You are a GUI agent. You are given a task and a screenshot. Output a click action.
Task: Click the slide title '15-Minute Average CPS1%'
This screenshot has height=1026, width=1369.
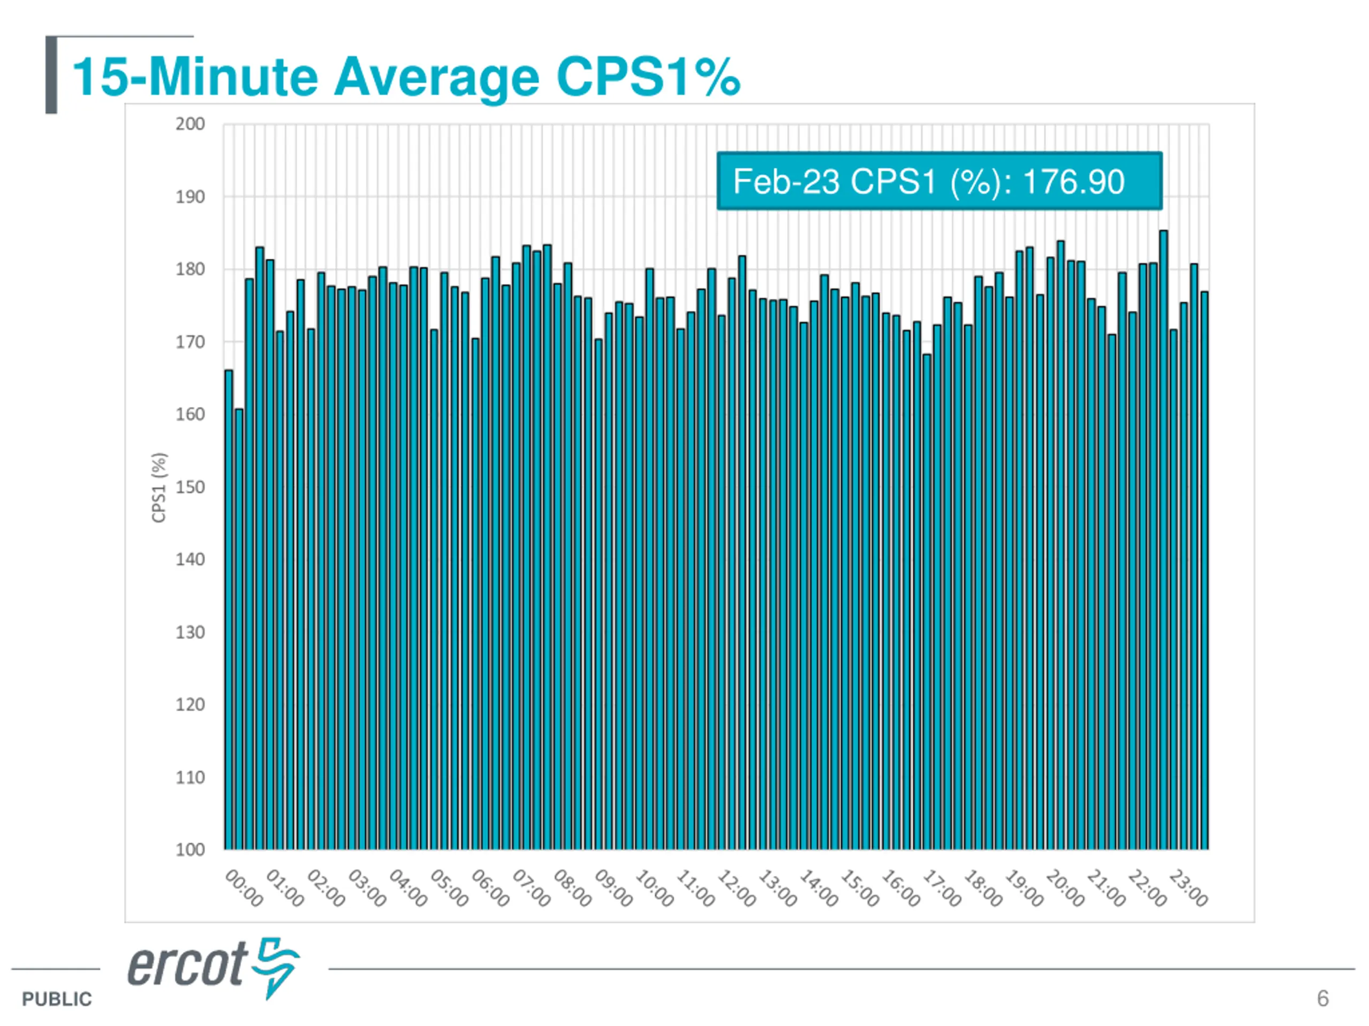tap(406, 78)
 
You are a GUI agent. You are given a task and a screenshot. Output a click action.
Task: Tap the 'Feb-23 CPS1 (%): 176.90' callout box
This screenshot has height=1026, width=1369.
tap(939, 181)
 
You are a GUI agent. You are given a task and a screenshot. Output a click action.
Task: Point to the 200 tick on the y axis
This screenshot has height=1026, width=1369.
tap(190, 125)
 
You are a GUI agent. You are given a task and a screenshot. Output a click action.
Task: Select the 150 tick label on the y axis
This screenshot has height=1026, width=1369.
tap(190, 487)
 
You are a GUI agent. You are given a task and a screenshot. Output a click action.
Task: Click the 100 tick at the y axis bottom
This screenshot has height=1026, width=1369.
tap(190, 850)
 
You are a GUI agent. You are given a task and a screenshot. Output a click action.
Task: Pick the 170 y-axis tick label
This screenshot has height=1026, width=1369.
tap(190, 342)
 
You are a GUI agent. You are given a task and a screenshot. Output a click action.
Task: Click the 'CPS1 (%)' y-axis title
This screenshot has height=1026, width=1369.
tap(159, 487)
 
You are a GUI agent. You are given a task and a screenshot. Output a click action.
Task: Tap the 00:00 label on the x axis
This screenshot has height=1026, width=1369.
tap(244, 888)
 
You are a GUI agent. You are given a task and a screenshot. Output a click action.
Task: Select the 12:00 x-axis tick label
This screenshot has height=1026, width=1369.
tap(736, 888)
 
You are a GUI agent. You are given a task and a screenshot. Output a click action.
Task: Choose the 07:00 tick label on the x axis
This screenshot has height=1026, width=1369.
tap(531, 888)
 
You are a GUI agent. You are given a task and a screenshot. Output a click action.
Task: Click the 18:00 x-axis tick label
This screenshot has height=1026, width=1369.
tap(983, 888)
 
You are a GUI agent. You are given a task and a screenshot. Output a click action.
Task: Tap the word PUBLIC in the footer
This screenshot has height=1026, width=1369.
tap(56, 999)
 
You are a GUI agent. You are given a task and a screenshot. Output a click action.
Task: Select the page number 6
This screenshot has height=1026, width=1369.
tap(1322, 998)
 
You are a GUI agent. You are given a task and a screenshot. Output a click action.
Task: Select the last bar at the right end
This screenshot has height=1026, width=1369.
tap(1204, 570)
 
